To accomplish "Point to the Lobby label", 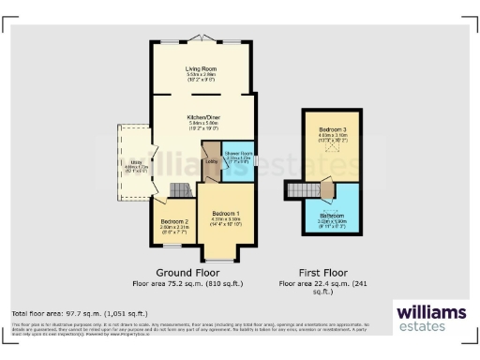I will tap(211, 162).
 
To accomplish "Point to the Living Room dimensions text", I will tap(202, 76).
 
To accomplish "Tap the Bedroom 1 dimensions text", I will tap(226, 221).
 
